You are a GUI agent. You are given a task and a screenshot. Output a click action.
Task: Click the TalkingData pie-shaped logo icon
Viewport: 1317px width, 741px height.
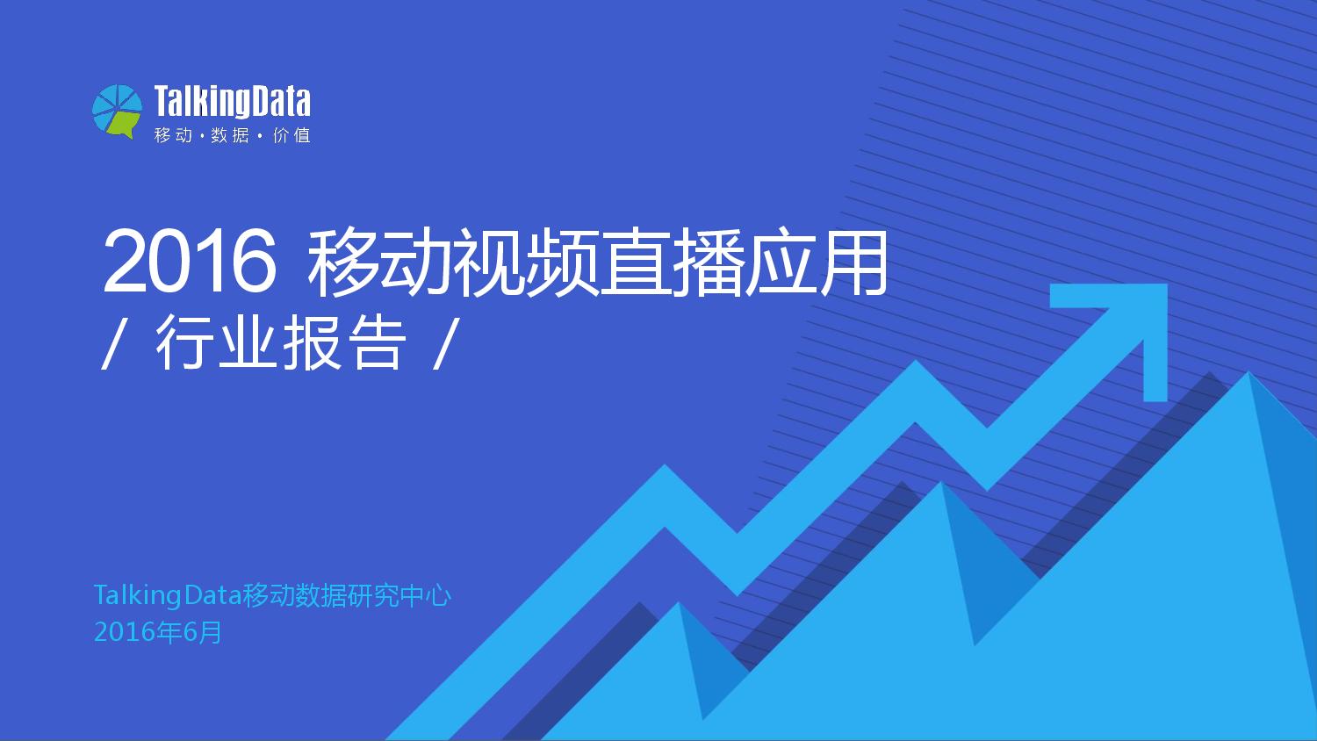click(x=117, y=112)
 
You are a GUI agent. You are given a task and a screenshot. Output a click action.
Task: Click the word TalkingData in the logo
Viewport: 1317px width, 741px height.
click(x=233, y=102)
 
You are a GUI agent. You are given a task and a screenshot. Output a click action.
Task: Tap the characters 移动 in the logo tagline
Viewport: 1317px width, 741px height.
click(x=173, y=136)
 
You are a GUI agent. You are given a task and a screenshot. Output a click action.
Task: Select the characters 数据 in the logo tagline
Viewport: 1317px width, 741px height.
click(x=230, y=136)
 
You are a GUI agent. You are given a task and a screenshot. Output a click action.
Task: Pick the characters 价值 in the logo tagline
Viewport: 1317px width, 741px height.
click(x=291, y=136)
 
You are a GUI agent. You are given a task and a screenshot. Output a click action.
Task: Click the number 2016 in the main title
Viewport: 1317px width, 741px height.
click(x=189, y=263)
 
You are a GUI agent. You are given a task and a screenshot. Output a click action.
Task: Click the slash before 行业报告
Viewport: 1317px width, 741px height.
click(x=111, y=344)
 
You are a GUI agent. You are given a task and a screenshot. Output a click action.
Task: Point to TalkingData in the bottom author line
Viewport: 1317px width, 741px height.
click(x=167, y=596)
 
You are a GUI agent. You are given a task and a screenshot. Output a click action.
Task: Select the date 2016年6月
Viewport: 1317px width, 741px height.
click(x=158, y=632)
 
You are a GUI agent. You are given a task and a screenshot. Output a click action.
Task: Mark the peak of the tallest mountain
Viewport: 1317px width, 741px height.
click(x=1248, y=376)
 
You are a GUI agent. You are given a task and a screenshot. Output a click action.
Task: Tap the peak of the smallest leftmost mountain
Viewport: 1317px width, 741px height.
click(x=678, y=606)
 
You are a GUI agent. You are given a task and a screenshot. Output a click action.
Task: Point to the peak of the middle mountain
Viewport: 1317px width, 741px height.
click(x=941, y=485)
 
